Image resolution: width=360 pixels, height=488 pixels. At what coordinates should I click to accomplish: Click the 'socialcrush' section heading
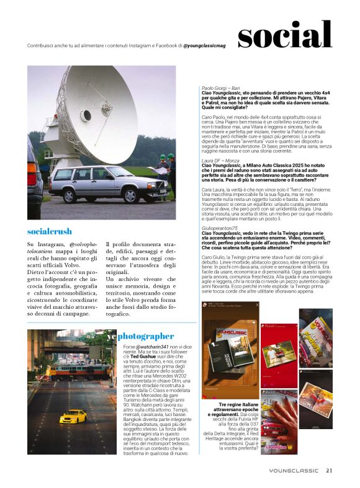[50, 231]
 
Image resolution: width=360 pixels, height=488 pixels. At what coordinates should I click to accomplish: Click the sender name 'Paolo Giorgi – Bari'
[223, 89]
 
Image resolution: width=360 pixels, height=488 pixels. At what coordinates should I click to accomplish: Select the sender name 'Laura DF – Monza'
[220, 160]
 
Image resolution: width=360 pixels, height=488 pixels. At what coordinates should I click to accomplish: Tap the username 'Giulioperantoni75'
[224, 228]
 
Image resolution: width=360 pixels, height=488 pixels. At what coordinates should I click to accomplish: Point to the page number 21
[330, 470]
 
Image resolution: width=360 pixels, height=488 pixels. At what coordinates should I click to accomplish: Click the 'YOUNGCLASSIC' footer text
[294, 471]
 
